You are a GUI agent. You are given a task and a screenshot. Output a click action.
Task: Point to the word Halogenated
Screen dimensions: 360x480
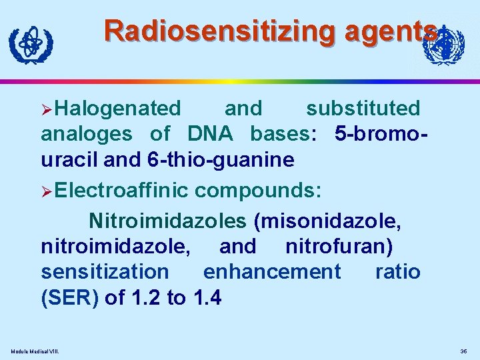click(x=119, y=108)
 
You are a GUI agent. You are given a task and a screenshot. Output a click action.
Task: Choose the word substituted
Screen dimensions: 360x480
click(x=363, y=108)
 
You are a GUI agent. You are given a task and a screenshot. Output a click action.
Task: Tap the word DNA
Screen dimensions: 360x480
click(x=210, y=134)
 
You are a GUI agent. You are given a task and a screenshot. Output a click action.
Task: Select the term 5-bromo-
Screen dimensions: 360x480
click(x=381, y=134)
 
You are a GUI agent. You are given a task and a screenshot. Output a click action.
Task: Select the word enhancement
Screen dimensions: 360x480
click(x=272, y=272)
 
